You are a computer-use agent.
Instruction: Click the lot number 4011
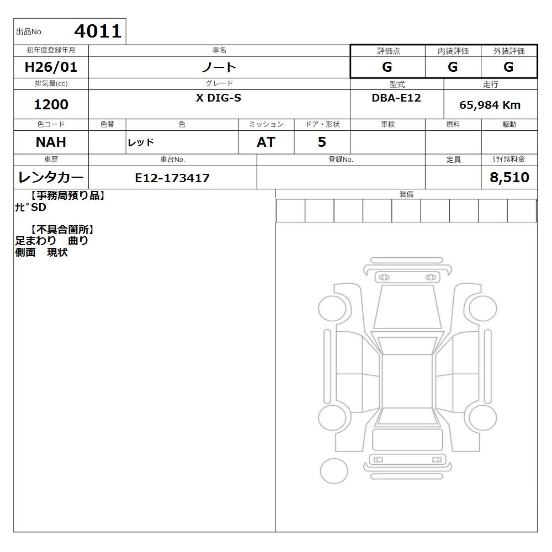click(98, 31)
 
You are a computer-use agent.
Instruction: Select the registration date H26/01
click(51, 67)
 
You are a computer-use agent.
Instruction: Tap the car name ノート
click(219, 67)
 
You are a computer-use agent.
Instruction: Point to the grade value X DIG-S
click(219, 98)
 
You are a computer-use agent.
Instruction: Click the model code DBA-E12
click(396, 98)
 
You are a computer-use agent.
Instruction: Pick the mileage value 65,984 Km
click(490, 105)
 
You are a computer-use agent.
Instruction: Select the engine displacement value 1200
click(51, 104)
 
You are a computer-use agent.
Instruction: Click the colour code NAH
click(51, 142)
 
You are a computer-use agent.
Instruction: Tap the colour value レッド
click(141, 142)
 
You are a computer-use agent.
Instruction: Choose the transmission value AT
click(266, 142)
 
